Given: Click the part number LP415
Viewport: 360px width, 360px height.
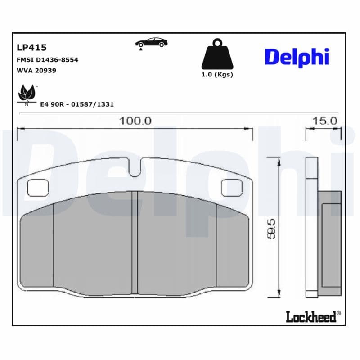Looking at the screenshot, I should [31, 47].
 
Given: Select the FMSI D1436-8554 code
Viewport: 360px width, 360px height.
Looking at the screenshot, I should [47, 59].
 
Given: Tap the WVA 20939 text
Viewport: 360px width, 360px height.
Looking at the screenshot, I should [36, 70].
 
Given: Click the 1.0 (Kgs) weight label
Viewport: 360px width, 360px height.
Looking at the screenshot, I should [217, 75].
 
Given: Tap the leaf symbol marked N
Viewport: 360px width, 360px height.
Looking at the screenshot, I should [27, 94].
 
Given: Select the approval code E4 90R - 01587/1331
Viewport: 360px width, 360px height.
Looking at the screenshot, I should [77, 104].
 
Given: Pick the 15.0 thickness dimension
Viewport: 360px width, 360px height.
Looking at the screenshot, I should [324, 121].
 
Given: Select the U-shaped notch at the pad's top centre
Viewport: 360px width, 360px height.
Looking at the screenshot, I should [135, 170].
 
